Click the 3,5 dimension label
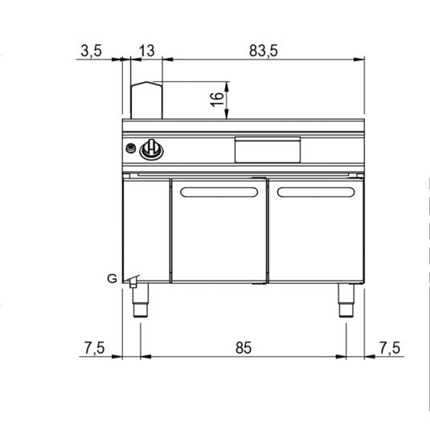coord(92,51)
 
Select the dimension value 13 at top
coord(145,51)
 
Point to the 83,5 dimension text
coord(263,51)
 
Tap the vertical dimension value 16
coord(215,100)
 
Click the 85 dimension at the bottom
coord(244,347)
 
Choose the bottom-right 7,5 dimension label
coord(390,347)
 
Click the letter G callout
coord(111,279)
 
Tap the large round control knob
coord(152,149)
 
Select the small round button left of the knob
coord(131,148)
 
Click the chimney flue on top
coord(146,100)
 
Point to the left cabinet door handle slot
coord(218,191)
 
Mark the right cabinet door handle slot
coord(314,191)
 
